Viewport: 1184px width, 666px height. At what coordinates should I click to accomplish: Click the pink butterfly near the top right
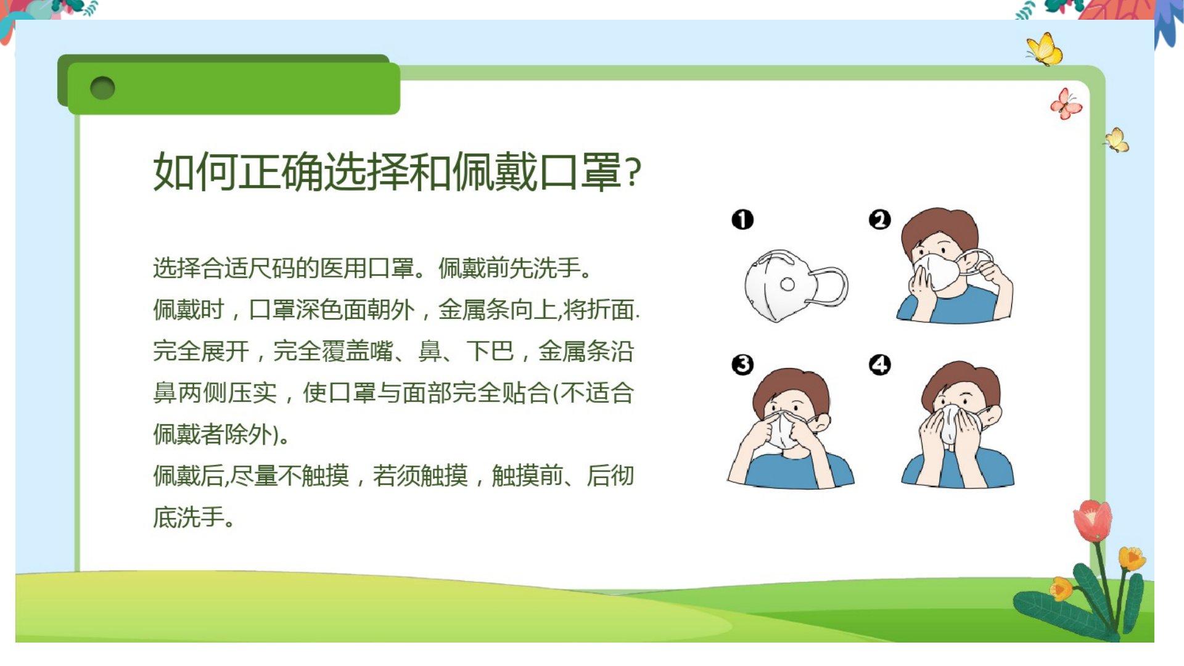point(1066,104)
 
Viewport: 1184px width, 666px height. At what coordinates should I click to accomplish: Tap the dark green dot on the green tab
point(102,88)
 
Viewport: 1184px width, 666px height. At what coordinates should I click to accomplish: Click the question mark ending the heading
point(633,173)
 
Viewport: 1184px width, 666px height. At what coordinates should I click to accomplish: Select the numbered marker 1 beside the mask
point(742,220)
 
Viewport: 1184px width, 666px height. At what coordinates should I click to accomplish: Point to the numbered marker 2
point(880,219)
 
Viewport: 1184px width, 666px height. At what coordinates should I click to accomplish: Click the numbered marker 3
point(742,364)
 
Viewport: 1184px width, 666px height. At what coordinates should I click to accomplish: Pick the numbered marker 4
point(880,364)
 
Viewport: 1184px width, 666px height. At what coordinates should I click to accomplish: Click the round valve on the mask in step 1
point(787,284)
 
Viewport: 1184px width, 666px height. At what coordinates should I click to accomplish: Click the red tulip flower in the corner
point(1092,520)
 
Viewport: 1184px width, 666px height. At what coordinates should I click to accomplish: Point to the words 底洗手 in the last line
point(188,517)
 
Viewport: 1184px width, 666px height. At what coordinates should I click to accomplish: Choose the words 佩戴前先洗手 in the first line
point(509,268)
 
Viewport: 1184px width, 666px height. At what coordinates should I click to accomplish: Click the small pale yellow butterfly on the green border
point(1117,140)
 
